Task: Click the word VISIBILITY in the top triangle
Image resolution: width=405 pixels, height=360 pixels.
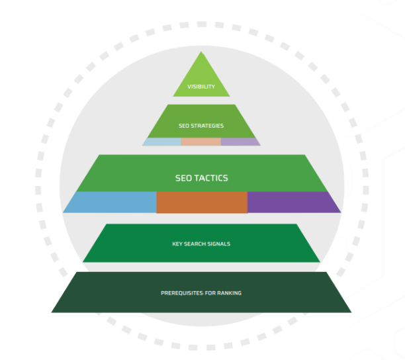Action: click(201, 87)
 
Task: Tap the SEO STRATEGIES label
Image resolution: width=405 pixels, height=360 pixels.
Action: click(201, 126)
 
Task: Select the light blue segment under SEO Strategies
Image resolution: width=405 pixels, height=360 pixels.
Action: click(163, 142)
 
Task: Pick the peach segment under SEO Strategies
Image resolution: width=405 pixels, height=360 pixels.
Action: click(201, 142)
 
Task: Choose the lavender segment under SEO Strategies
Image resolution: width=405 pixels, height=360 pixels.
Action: click(239, 142)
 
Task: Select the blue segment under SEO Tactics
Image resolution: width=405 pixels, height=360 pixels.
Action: click(111, 202)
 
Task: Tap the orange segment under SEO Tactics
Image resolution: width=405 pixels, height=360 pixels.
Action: click(202, 202)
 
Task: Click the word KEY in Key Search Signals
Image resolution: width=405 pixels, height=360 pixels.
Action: click(177, 244)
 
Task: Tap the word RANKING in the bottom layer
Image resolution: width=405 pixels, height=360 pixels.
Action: click(230, 293)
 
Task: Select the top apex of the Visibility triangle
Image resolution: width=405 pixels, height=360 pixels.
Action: click(201, 53)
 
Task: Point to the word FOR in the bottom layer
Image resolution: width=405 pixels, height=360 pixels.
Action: click(211, 293)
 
